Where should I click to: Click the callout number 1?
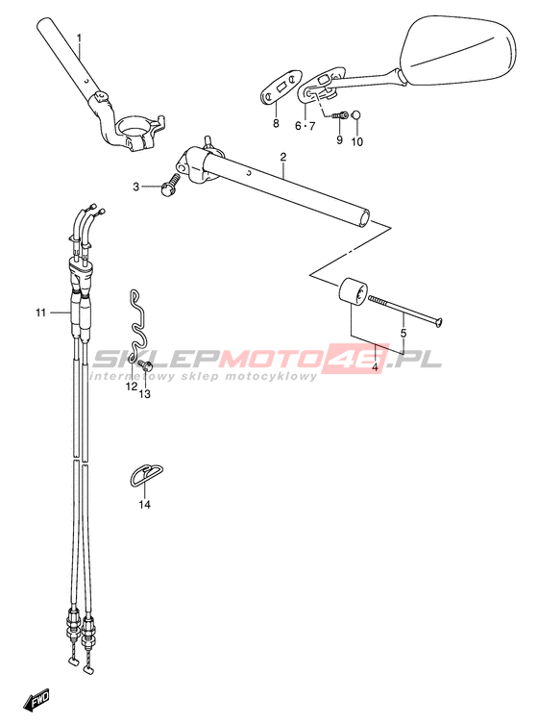(x=79, y=37)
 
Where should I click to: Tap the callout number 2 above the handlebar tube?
(x=283, y=157)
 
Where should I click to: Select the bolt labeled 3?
(x=170, y=184)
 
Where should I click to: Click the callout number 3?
(x=135, y=187)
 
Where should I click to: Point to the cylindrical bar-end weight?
(x=353, y=292)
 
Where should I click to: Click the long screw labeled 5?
(x=405, y=310)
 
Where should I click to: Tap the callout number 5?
(x=403, y=333)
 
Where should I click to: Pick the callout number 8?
(x=276, y=123)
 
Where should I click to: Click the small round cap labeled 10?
(x=356, y=115)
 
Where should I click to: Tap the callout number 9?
(x=339, y=139)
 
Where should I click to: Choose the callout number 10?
(x=357, y=142)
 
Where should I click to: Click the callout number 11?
(x=41, y=313)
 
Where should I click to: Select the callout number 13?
(x=145, y=394)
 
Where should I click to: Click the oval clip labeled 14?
(x=145, y=475)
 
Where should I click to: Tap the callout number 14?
(x=144, y=505)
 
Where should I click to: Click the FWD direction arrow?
(x=36, y=700)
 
